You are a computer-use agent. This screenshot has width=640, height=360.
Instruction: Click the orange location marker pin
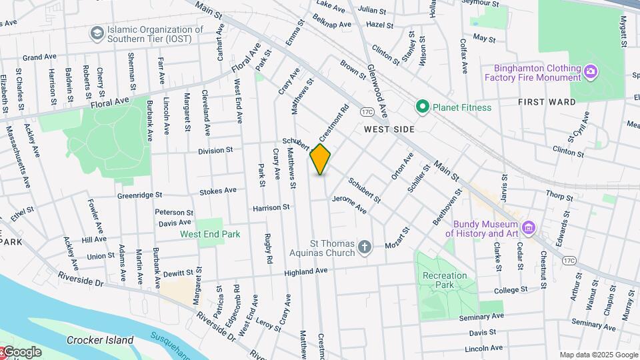pos(321,159)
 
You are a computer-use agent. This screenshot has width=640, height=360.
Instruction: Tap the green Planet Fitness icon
pos(421,107)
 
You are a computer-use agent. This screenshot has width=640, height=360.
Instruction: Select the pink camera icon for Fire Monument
pos(590,71)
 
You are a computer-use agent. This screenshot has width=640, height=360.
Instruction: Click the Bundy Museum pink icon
pos(529,229)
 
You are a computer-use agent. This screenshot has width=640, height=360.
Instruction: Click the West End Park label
pos(210,234)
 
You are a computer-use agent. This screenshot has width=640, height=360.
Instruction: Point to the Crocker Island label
pos(100,340)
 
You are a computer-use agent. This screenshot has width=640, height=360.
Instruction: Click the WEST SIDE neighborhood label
pos(389,129)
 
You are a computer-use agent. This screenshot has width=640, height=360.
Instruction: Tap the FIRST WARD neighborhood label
pos(547,102)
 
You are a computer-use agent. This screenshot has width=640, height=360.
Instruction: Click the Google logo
pos(21,352)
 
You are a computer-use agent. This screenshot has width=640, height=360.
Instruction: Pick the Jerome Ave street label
pos(349,205)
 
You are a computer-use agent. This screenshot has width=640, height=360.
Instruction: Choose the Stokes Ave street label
pos(218,191)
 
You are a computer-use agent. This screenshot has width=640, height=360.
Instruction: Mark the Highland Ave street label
pos(306,272)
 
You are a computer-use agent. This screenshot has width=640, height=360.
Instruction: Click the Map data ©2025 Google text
pos(598,355)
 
